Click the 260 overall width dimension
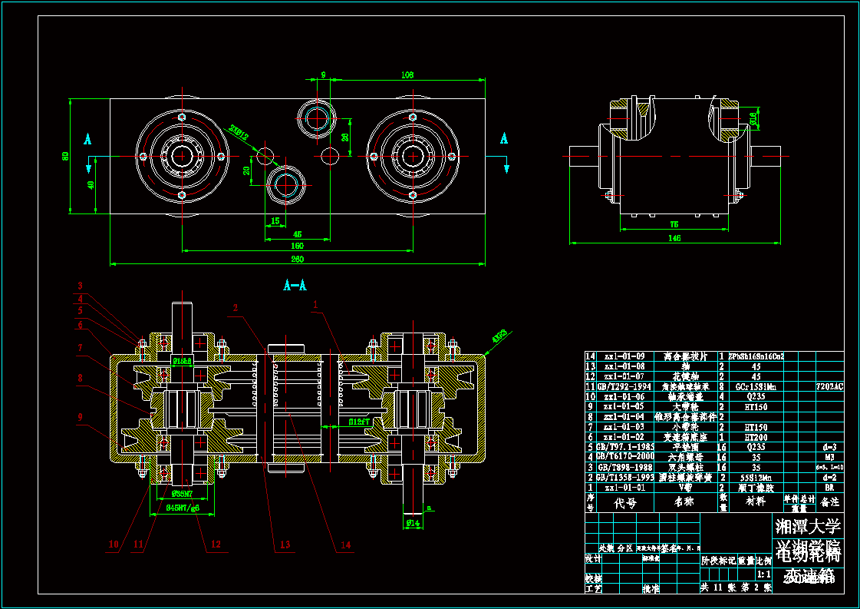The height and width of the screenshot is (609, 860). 297,259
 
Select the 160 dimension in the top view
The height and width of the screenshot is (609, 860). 297,247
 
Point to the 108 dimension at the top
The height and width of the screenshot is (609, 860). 407,74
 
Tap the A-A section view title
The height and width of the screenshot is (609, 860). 295,286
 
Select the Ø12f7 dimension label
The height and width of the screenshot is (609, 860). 360,422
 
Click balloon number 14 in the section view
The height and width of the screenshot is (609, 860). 345,544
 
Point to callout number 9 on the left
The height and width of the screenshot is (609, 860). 80,417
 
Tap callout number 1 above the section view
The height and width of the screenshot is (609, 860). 315,305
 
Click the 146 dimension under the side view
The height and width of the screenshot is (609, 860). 674,238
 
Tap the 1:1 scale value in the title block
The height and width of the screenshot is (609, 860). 764,574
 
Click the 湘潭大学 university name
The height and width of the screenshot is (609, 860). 809,527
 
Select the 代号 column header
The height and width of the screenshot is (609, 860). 626,503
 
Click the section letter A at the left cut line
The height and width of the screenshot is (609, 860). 87,139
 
